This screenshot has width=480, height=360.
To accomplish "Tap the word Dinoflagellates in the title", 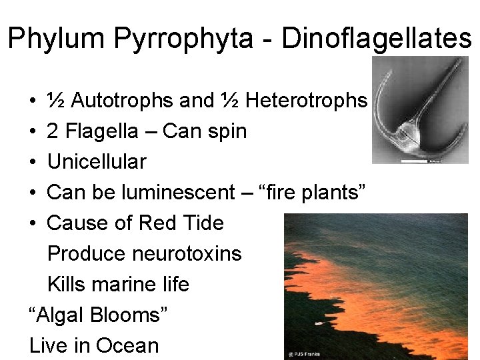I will coord(377,39).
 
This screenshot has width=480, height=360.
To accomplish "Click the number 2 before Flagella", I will coord(53,131).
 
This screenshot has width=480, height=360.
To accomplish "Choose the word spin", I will coord(227,131).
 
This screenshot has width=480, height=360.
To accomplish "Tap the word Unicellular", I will coord(97,162).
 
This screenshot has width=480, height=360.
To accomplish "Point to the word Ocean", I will coord(127,346).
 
